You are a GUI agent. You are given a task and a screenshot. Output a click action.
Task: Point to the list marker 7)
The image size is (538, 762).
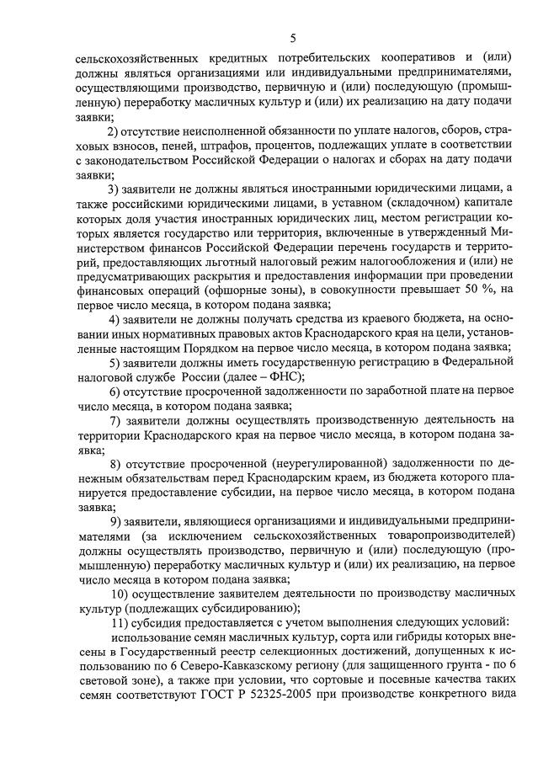[115, 420]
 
